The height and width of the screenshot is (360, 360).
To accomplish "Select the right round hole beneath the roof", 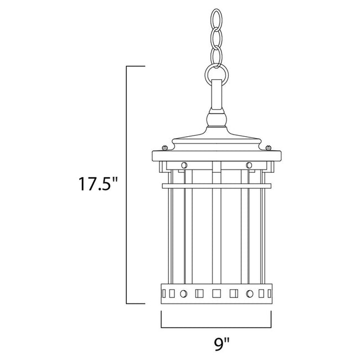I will pos(249,164).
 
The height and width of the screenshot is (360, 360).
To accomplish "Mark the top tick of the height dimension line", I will pos(135,66).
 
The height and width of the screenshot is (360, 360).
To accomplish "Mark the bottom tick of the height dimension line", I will pos(135,304).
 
